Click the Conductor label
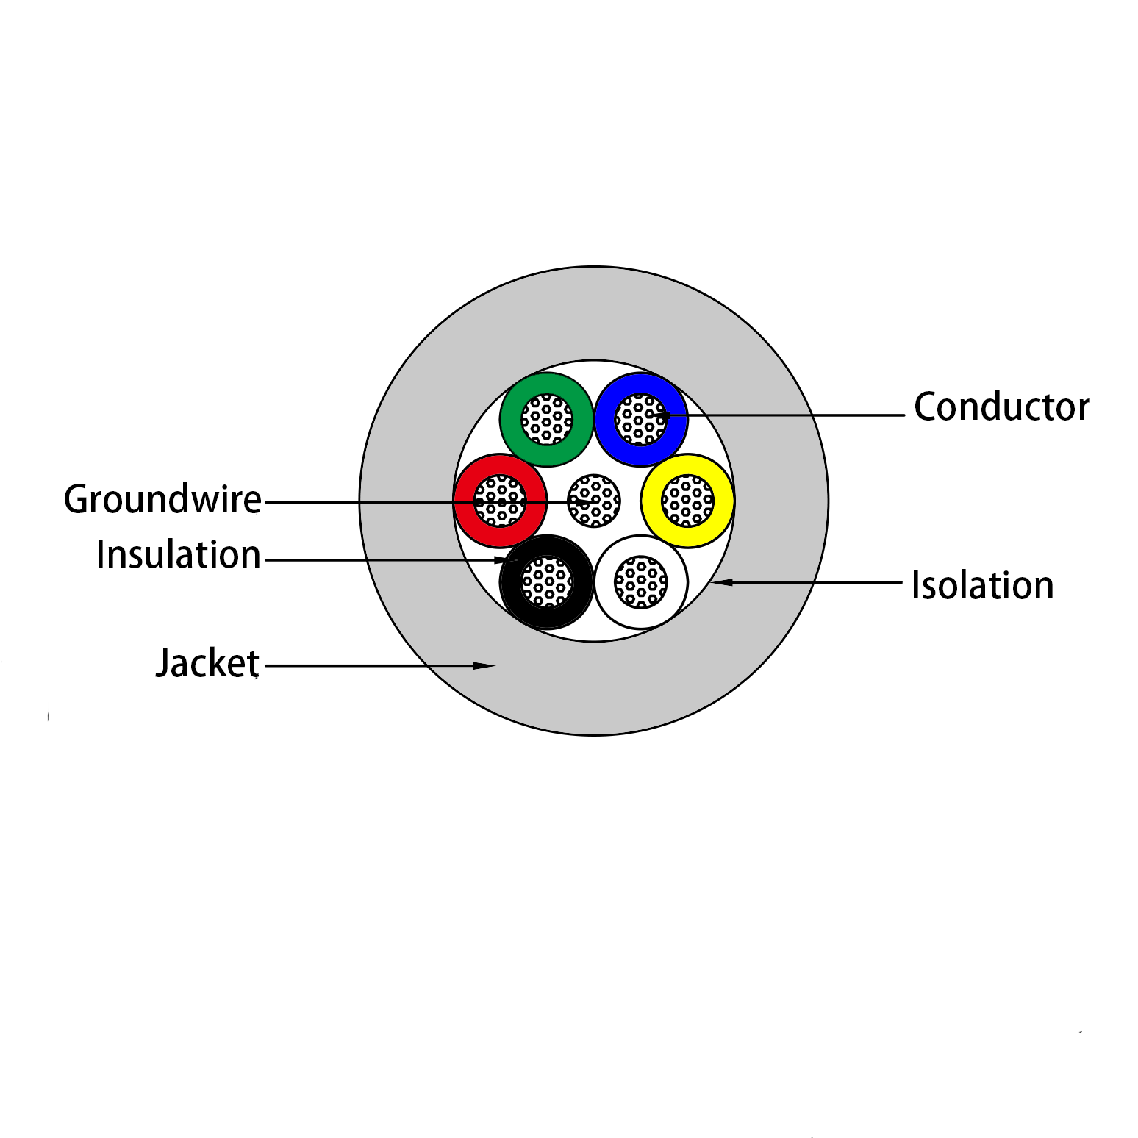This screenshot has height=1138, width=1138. pyautogui.click(x=1001, y=407)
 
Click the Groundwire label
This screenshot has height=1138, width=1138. pyautogui.click(x=162, y=500)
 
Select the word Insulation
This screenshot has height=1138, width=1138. pyautogui.click(x=179, y=555)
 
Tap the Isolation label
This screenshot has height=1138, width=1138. pyautogui.click(x=982, y=586)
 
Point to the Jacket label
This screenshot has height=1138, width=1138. pyautogui.click(x=207, y=663)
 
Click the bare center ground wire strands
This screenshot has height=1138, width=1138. pyautogui.click(x=594, y=501)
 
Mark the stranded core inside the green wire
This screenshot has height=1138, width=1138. pyautogui.click(x=547, y=419)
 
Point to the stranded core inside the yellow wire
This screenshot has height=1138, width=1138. pyautogui.click(x=688, y=501)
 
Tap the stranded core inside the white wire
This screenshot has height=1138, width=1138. pyautogui.click(x=641, y=582)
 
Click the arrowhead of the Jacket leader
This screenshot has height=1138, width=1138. pyautogui.click(x=485, y=666)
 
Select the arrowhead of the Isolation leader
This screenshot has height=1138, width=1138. pyautogui.click(x=720, y=582)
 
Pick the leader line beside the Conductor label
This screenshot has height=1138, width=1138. pyautogui.click(x=809, y=415)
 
